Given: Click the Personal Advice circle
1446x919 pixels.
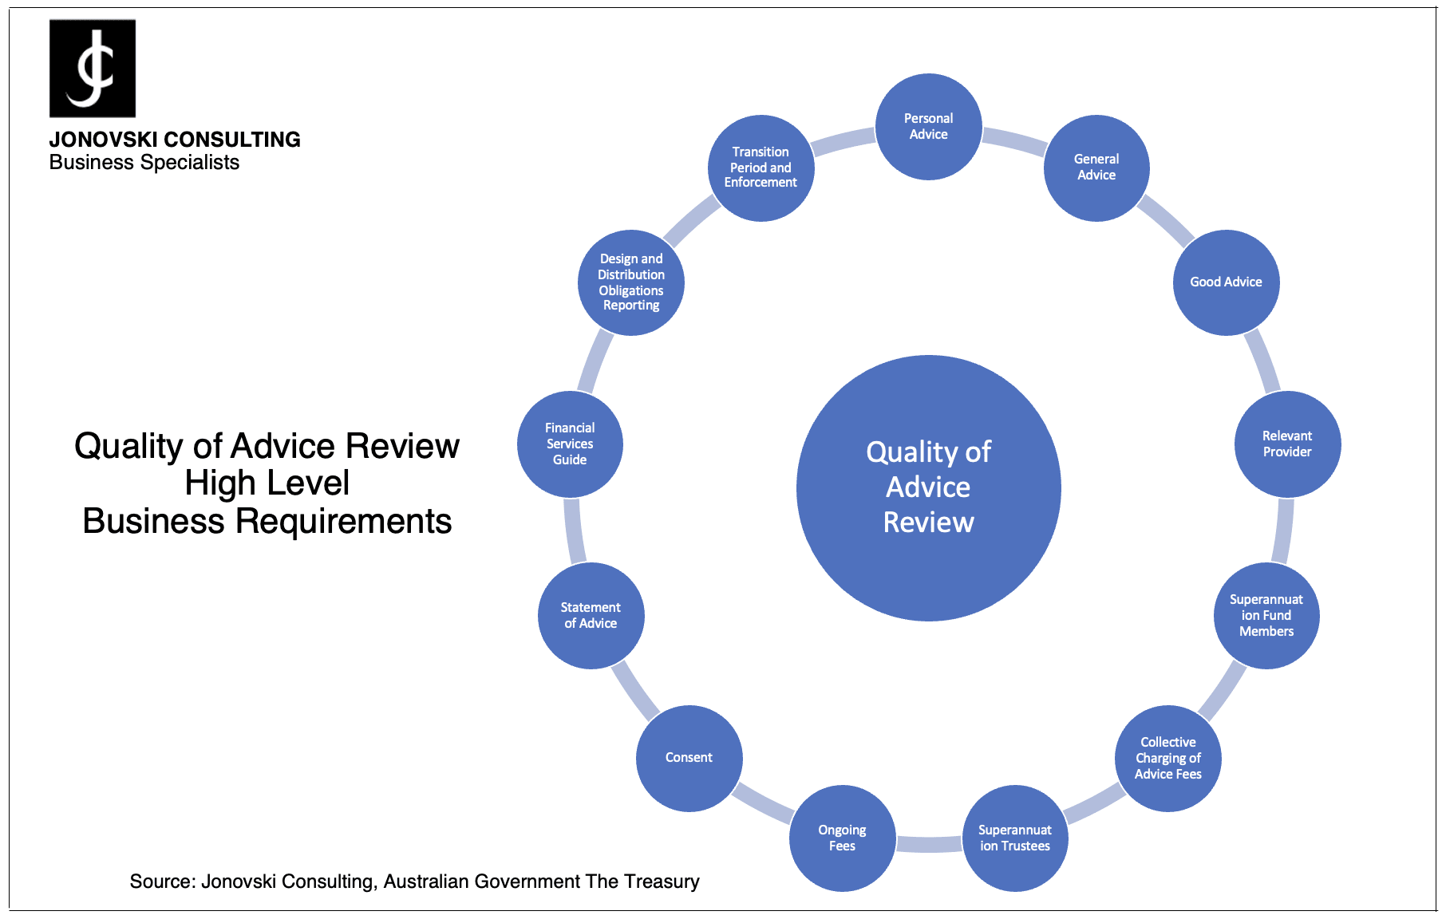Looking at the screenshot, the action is point(929,127).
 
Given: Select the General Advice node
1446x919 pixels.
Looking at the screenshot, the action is point(1096,168).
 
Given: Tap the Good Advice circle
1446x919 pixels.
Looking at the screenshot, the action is point(1227,282).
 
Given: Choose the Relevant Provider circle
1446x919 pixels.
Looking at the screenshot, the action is point(1287,444).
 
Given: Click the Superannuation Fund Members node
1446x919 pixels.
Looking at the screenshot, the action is point(1266,616).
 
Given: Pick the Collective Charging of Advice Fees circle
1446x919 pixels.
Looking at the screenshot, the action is point(1168,759).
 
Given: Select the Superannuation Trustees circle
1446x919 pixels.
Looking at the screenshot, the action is point(1015,838).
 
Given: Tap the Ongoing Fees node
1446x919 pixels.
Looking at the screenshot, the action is point(842,838).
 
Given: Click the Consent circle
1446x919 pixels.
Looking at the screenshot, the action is point(689,759).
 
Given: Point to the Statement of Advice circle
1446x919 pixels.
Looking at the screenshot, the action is point(591,616).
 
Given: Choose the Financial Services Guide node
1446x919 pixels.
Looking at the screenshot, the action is point(570,444).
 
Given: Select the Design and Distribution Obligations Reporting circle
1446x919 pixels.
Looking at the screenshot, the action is point(631,282).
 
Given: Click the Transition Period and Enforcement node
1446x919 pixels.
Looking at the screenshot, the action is point(761,168).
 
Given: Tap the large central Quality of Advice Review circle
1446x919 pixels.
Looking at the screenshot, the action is point(929,488).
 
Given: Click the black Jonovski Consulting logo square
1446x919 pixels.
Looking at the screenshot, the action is point(93,69).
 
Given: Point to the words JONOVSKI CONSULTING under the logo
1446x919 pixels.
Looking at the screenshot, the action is point(175,140).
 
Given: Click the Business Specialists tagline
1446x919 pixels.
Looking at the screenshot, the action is point(144,163).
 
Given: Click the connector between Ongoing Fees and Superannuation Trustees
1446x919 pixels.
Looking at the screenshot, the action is point(929,844).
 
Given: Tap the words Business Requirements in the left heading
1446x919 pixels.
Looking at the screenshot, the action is point(267,522).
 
